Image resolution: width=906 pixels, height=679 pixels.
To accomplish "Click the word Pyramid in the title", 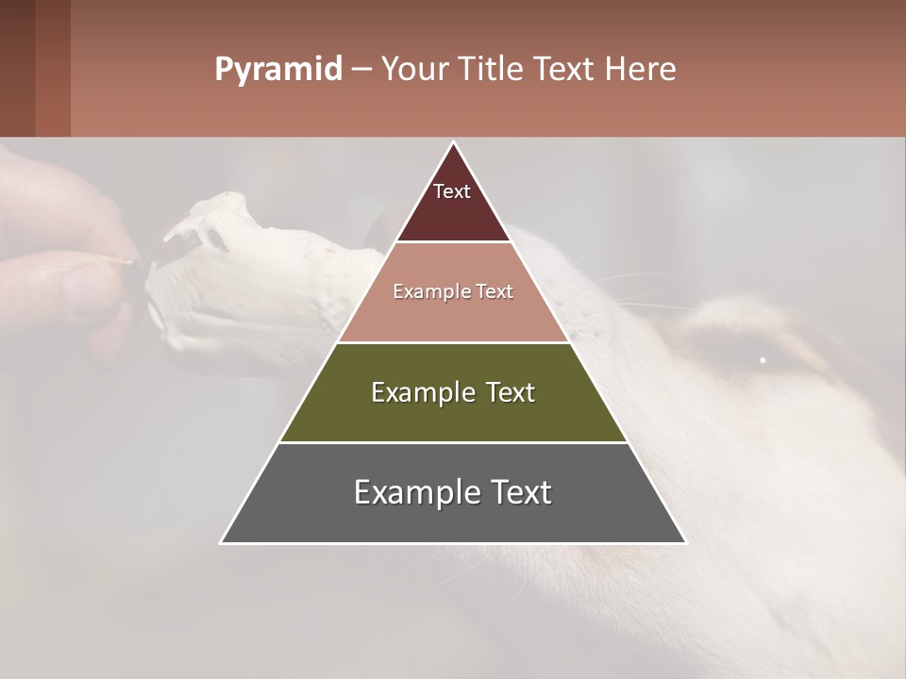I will point(277,70).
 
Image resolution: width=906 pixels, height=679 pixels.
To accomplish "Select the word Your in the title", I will point(412,70).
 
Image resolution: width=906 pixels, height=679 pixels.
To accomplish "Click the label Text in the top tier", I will point(452,191).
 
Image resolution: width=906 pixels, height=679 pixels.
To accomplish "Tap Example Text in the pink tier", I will point(453,291).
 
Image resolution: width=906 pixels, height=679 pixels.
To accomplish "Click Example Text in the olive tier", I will point(453,392).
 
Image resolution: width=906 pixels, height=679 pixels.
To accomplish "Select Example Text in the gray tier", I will point(453,492).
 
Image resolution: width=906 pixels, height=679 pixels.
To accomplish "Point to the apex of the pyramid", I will point(453,142).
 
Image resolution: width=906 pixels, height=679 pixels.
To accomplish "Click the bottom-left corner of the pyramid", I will point(222,542).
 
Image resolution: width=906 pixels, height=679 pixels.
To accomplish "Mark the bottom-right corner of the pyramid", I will point(684,542).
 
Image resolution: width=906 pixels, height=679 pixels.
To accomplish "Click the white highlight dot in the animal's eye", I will point(763,359).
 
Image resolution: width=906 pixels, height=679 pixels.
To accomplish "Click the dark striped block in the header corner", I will point(35,68).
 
